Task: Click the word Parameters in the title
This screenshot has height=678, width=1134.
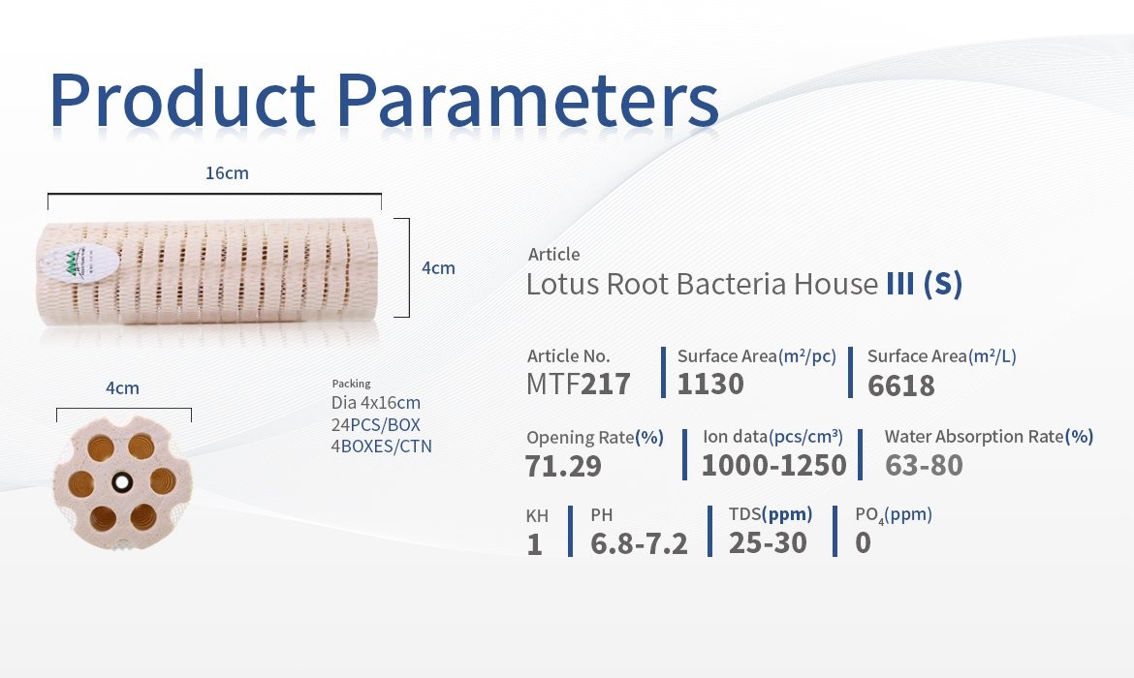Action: (528, 100)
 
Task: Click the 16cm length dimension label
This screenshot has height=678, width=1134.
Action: (227, 173)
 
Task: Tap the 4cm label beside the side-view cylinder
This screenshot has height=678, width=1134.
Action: (438, 268)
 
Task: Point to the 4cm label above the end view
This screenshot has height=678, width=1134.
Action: (122, 388)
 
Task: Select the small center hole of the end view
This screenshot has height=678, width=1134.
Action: (122, 481)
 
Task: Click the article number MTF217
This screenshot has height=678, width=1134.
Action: (579, 384)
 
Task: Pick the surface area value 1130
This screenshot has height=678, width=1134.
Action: (710, 384)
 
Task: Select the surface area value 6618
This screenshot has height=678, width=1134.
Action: (901, 385)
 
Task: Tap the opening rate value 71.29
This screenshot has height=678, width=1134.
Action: (563, 466)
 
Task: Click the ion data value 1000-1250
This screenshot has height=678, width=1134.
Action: (773, 466)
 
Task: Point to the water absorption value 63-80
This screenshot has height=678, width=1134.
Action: (924, 466)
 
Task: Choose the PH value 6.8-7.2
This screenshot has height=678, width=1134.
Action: (639, 543)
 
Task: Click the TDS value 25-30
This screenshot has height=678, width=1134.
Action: (768, 542)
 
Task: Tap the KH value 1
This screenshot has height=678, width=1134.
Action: (534, 544)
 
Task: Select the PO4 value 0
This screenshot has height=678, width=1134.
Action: (863, 542)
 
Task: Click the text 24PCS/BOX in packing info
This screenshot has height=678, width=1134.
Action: (375, 425)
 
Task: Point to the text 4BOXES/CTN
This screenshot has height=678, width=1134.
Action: (381, 446)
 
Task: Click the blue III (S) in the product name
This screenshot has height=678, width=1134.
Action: (925, 284)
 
